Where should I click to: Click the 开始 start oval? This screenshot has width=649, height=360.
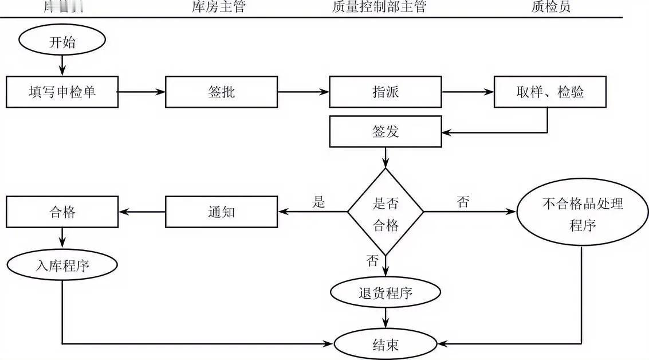pyautogui.click(x=62, y=41)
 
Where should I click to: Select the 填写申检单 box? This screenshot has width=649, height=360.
pyautogui.click(x=62, y=92)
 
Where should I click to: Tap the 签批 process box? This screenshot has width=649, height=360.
pyautogui.click(x=221, y=92)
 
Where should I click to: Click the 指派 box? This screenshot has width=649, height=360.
pyautogui.click(x=385, y=92)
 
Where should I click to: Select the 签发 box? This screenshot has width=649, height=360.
pyautogui.click(x=385, y=131)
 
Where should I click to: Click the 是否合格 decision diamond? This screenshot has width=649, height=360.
pyautogui.click(x=386, y=212)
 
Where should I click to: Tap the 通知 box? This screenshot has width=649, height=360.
pyautogui.click(x=221, y=212)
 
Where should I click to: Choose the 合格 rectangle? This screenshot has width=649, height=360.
pyautogui.click(x=62, y=212)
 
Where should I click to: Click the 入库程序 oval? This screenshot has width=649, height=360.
pyautogui.click(x=62, y=265)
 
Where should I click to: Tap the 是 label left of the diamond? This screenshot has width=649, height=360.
pyautogui.click(x=319, y=202)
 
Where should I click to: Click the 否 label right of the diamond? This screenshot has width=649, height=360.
pyautogui.click(x=463, y=202)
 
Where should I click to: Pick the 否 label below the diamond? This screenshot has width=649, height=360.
pyautogui.click(x=372, y=261)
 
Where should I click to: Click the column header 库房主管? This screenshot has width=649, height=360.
pyautogui.click(x=218, y=7)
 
